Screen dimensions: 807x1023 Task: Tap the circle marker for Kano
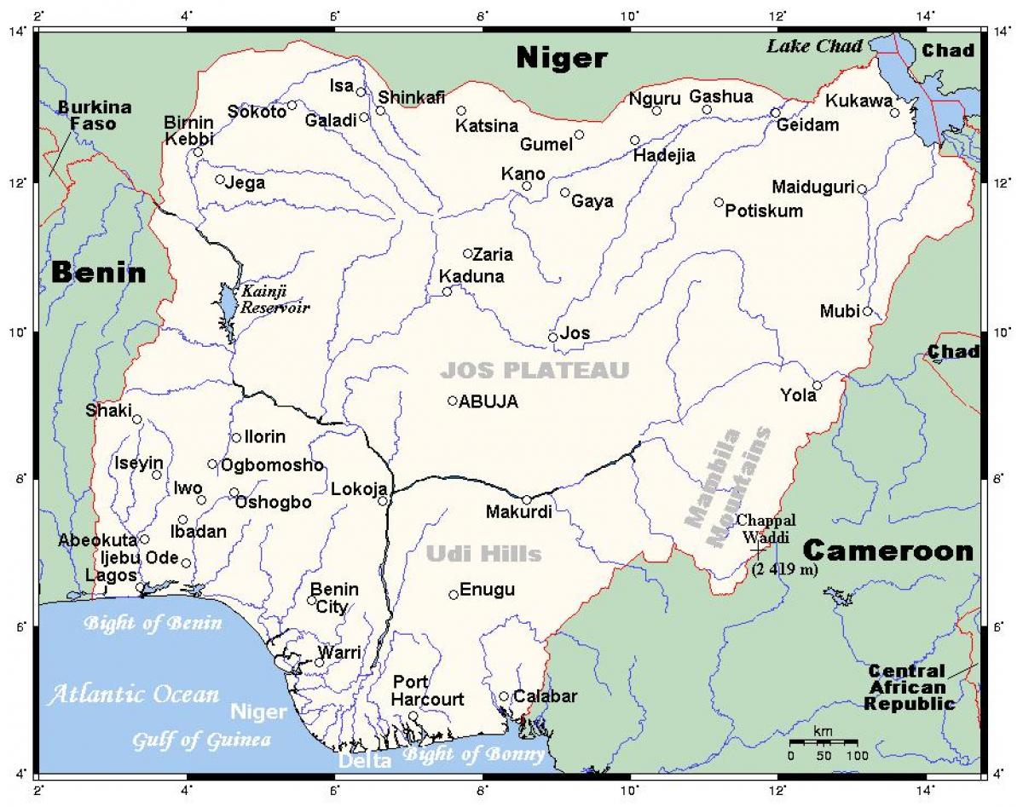[527, 186]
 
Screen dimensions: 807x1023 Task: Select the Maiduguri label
[812, 187]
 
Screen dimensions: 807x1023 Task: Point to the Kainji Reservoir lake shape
[228, 305]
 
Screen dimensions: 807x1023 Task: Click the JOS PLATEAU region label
[535, 371]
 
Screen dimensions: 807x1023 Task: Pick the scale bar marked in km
[823, 743]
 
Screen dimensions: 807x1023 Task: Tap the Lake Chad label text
[814, 46]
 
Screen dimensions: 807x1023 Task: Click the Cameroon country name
[887, 550]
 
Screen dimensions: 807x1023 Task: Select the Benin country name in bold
[98, 273]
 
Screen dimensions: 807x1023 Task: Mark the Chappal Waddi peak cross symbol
[757, 552]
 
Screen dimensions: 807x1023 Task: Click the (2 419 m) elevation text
[784, 570]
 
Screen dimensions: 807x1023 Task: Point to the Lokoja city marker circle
[383, 501]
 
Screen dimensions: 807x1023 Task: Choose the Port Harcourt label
[428, 691]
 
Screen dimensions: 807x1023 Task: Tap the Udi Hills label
[483, 555]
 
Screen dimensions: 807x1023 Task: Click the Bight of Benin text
[152, 624]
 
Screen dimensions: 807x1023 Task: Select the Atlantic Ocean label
[133, 695]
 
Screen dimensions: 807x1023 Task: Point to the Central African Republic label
[908, 688]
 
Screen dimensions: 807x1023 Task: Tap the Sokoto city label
[257, 112]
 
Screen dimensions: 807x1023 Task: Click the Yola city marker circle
[817, 385]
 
